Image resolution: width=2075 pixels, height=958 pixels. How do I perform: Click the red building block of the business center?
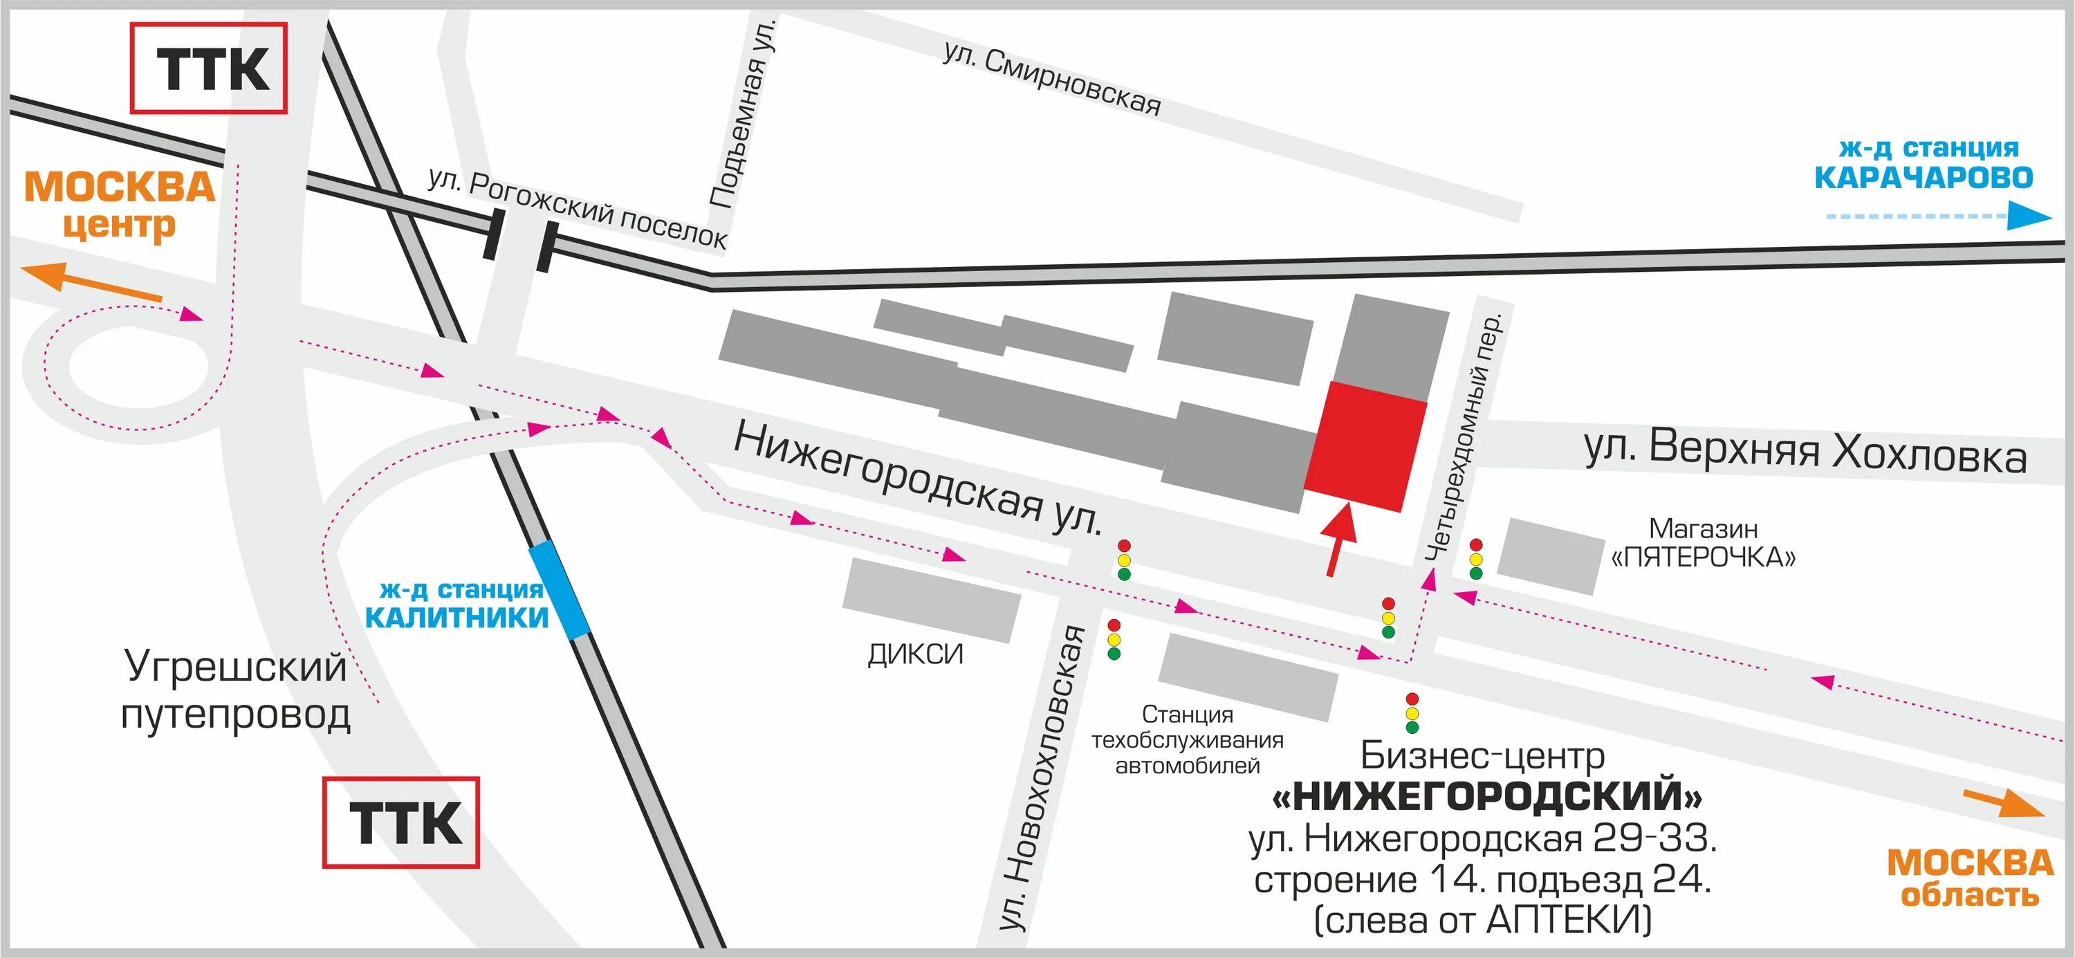click(x=1365, y=445)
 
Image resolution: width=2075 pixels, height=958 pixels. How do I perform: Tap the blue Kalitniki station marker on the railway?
click(x=558, y=590)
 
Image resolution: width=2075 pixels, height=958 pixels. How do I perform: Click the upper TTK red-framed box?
click(x=209, y=68)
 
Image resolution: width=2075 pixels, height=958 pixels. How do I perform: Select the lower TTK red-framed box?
click(x=401, y=822)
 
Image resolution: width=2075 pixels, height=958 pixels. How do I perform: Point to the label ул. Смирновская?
click(x=1052, y=80)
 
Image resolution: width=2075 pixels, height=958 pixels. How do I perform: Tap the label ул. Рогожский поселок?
click(x=577, y=209)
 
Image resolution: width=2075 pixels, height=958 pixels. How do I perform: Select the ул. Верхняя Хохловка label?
click(x=1805, y=451)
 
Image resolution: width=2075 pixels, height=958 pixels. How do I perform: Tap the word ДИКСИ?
click(x=915, y=654)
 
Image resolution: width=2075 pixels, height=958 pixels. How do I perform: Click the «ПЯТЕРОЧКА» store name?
click(x=1703, y=557)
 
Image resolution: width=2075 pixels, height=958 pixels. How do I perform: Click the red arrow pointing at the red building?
click(x=1339, y=539)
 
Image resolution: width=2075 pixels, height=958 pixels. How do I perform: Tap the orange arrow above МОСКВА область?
click(x=2002, y=802)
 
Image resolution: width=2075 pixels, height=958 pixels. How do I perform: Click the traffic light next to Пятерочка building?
click(x=1476, y=559)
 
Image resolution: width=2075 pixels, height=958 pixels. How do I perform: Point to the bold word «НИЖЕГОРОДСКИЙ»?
click(x=1487, y=796)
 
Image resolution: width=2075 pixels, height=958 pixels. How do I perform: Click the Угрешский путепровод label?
click(x=235, y=690)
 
